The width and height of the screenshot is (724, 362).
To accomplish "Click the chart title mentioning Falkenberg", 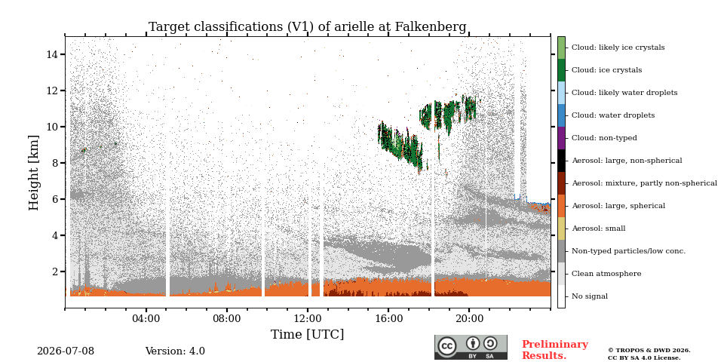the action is (x=307, y=27).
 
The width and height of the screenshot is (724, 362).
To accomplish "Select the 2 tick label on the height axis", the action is (x=54, y=271).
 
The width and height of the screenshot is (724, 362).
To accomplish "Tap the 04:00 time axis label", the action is (x=146, y=318).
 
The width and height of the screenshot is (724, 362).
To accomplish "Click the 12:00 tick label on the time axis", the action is (x=308, y=318).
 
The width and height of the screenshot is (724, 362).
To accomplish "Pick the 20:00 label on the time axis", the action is (x=469, y=318).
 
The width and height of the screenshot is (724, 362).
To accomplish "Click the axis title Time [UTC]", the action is (x=307, y=334).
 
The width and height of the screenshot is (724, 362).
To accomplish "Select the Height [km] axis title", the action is (x=34, y=173).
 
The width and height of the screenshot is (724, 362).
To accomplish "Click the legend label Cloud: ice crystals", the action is (x=606, y=70).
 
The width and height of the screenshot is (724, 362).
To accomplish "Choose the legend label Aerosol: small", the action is (x=598, y=229).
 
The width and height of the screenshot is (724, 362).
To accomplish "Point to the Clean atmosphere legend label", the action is (x=606, y=274).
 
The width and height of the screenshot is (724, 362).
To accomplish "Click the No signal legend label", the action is (x=590, y=296).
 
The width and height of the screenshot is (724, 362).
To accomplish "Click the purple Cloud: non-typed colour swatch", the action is (x=561, y=138).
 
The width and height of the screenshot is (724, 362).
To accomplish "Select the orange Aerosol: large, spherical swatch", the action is (x=561, y=206).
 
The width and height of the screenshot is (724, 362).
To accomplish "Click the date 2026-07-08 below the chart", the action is (x=66, y=351).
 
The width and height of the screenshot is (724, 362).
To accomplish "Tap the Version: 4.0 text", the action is (x=175, y=351).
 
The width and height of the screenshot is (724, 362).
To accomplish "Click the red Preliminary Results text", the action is (x=555, y=350).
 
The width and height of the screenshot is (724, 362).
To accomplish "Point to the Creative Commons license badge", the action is (x=471, y=347).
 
